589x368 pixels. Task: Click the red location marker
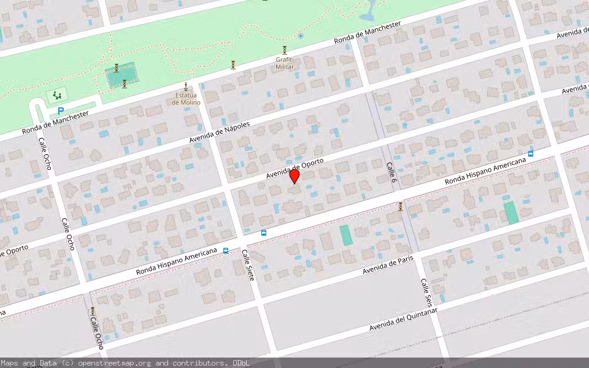294,176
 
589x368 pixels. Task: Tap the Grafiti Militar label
285,63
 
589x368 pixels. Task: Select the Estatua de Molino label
186,98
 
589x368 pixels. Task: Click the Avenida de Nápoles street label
219,132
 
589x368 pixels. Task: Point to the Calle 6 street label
391,172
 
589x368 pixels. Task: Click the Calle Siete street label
248,265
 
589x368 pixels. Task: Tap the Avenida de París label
388,264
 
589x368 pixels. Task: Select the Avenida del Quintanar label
403,320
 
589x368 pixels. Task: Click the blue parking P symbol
60,111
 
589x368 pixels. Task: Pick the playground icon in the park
57,95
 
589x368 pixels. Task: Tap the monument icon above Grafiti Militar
285,49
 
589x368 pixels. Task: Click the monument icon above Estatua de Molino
186,86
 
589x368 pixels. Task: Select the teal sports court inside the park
121,75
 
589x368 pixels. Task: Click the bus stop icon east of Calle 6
531,153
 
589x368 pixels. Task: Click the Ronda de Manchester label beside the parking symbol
56,123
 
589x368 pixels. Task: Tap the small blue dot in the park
300,36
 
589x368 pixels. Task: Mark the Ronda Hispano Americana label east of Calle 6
486,172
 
